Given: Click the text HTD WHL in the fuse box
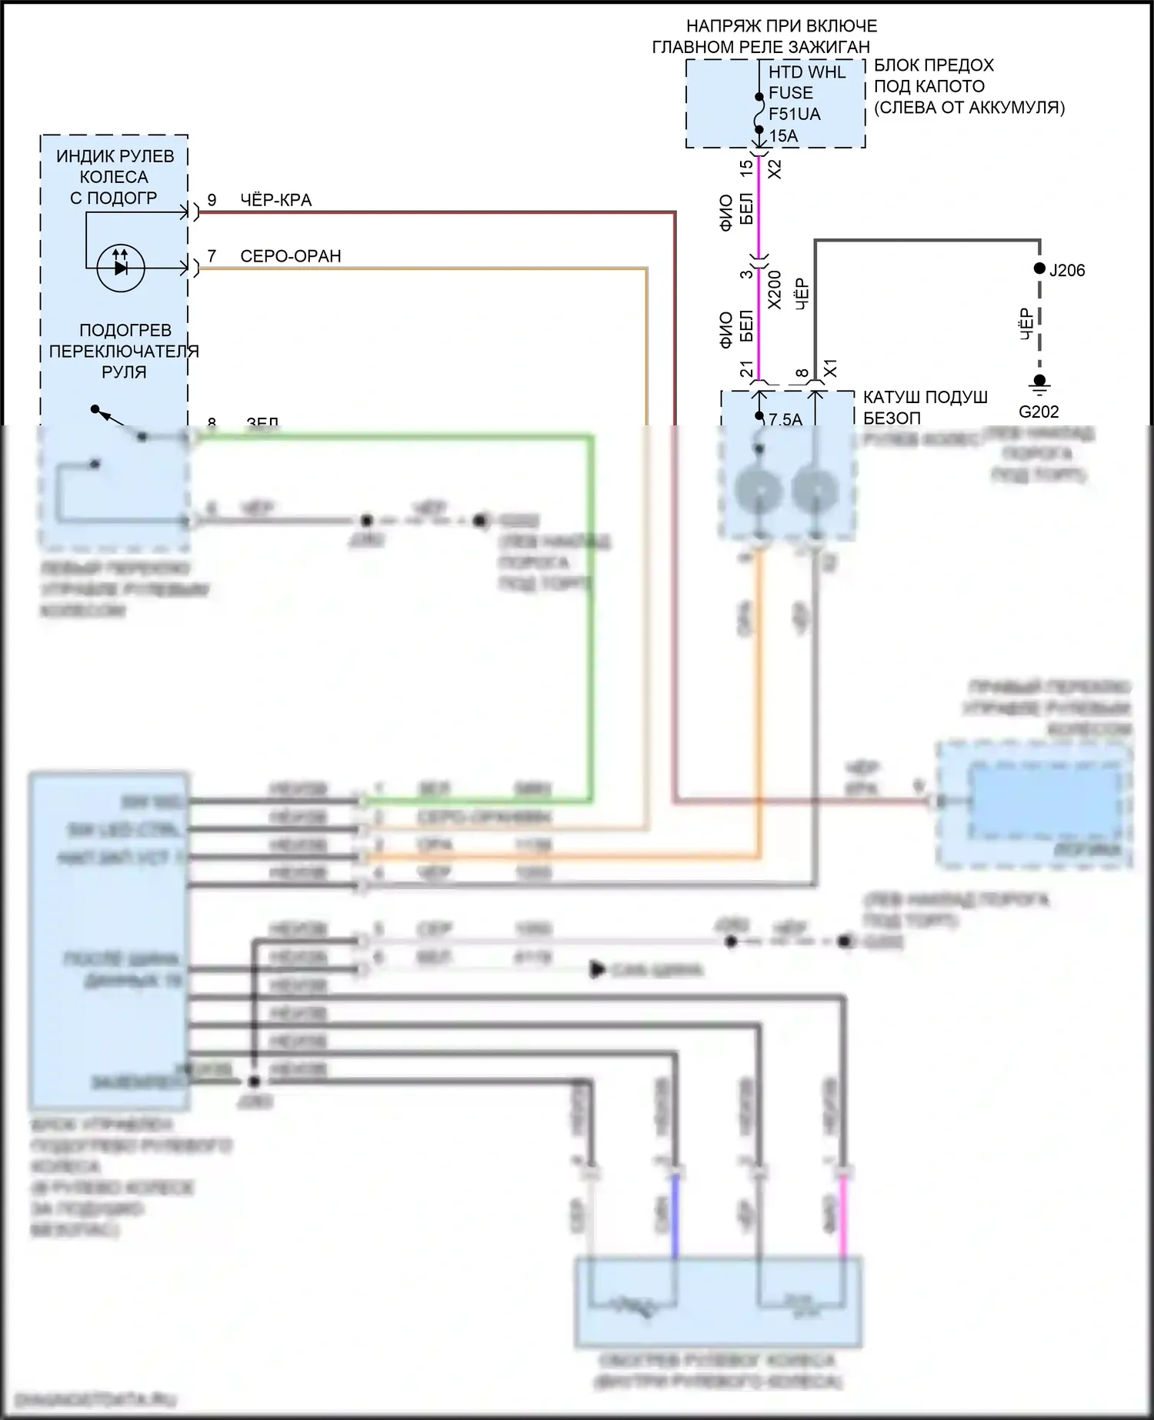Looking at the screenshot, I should click(x=806, y=72).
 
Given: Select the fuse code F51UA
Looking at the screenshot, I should click(x=794, y=115).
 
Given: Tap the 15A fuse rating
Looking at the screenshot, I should click(x=783, y=136).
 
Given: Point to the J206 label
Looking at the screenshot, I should click(x=1067, y=270).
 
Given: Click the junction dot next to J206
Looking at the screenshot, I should click(x=1039, y=268).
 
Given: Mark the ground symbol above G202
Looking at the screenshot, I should click(x=1039, y=383).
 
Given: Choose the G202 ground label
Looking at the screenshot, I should click(x=1039, y=412).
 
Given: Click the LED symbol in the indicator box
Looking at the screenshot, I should click(x=121, y=268).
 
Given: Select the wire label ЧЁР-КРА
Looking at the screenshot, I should click(x=275, y=201).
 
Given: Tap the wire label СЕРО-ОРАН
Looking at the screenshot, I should click(x=290, y=256).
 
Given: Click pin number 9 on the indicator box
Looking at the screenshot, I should click(x=212, y=201).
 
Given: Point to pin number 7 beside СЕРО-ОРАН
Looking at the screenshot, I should click(x=212, y=256).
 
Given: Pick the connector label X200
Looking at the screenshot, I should click(x=775, y=289).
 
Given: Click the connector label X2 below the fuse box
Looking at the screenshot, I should click(x=775, y=168).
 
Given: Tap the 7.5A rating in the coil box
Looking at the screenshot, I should click(x=785, y=419).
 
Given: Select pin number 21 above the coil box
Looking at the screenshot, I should click(x=746, y=370).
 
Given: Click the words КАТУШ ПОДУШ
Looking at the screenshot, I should click(x=925, y=398).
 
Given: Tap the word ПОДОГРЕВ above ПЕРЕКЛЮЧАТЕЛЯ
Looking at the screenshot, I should click(x=125, y=330).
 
